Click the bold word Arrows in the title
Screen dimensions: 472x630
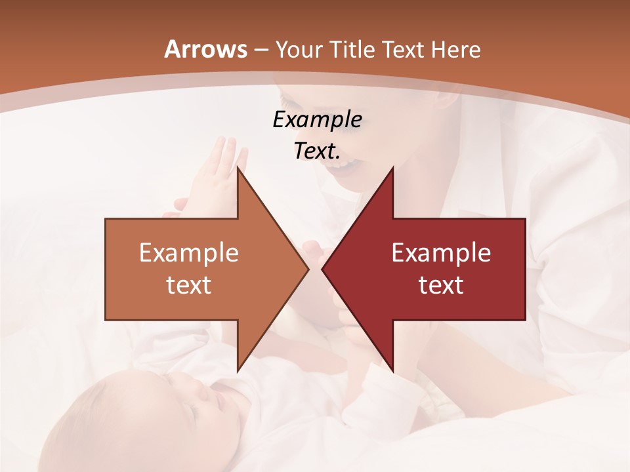click(x=206, y=49)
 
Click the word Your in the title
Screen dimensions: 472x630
click(x=298, y=50)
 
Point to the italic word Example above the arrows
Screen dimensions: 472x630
click(x=317, y=120)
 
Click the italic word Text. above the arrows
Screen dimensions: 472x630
click(x=317, y=151)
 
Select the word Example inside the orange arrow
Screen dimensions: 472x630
click(x=189, y=253)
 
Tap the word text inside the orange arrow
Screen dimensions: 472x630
click(x=189, y=285)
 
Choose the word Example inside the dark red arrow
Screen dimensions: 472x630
click(x=441, y=253)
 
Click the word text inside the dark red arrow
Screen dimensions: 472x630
click(x=441, y=285)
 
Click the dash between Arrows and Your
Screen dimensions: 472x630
click(x=261, y=50)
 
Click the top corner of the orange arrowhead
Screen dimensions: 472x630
click(x=238, y=168)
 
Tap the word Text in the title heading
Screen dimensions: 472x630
click(x=402, y=49)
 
